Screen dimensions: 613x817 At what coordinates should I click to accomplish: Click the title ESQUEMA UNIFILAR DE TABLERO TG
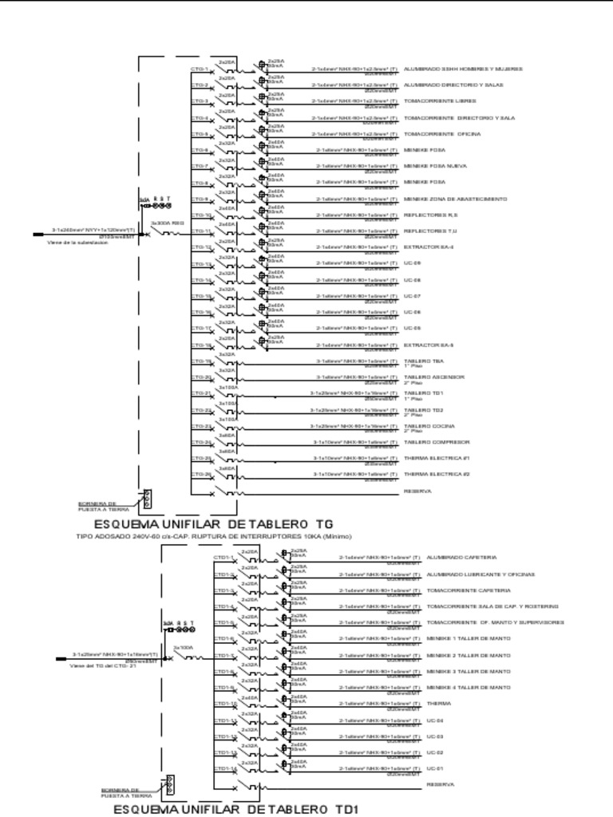click(x=212, y=523)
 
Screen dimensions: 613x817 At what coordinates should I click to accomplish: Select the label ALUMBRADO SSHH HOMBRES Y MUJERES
click(x=463, y=69)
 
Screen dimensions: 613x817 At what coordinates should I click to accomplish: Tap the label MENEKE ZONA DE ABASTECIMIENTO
click(x=455, y=199)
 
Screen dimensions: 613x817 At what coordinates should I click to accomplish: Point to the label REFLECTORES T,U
click(x=430, y=231)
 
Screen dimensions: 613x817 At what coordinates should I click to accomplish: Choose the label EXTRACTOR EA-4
click(x=429, y=247)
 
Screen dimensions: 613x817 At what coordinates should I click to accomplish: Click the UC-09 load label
click(x=412, y=263)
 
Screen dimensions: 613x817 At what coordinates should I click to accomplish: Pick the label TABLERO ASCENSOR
click(x=434, y=377)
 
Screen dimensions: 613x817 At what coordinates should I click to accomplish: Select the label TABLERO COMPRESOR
click(x=437, y=441)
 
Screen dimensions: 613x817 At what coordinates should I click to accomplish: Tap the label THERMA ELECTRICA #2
click(x=437, y=474)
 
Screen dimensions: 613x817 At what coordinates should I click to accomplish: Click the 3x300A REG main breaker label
click(x=168, y=223)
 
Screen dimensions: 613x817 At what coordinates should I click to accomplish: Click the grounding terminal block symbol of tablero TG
click(x=147, y=499)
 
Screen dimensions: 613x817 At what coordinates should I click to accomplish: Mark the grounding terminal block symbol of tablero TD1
click(x=168, y=786)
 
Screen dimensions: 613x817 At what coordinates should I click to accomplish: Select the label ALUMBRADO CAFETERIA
click(x=461, y=557)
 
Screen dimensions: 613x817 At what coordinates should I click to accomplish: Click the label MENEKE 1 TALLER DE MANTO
click(x=469, y=638)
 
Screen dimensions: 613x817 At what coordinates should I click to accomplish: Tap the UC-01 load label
click(x=434, y=768)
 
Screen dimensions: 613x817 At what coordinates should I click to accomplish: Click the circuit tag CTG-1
click(x=200, y=69)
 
